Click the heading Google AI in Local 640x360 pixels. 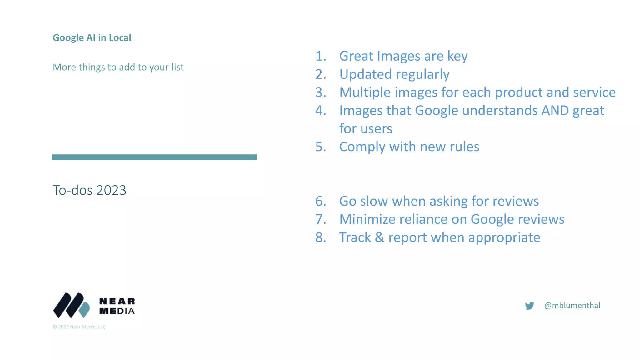(x=92, y=38)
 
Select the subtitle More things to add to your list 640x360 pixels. (x=118, y=67)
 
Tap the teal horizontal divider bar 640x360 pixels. (x=154, y=157)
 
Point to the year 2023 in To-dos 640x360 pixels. (x=111, y=190)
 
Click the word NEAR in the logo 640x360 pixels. (x=117, y=301)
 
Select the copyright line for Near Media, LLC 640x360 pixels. (x=79, y=327)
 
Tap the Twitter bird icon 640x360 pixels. (x=530, y=306)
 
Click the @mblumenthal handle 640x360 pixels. (x=572, y=306)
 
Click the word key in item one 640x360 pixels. (x=457, y=57)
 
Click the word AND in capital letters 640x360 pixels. (x=555, y=111)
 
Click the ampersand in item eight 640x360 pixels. (x=380, y=237)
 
